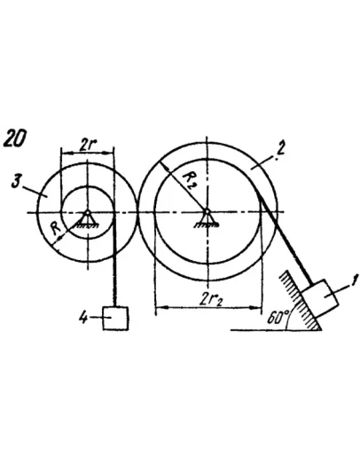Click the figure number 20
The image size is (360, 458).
[x=15, y=138]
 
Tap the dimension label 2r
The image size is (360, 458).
[x=88, y=145]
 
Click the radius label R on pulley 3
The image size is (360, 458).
[x=56, y=228]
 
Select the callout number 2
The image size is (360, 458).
[x=279, y=150]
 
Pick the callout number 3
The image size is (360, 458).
[x=16, y=181]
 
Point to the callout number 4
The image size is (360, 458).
[x=83, y=318]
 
